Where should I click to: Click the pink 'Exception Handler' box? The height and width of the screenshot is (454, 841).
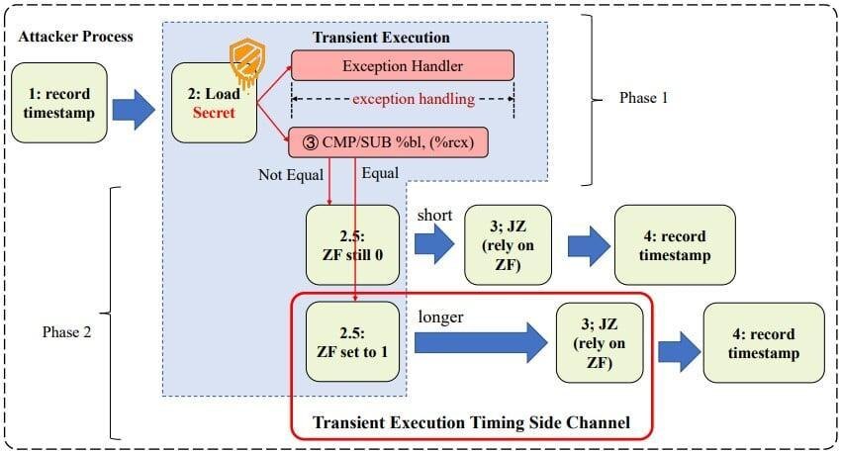[402, 66]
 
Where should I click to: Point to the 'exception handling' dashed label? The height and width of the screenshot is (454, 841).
[402, 98]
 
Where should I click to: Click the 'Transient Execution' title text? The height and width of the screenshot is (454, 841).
[381, 38]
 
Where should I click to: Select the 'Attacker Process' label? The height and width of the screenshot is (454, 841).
[75, 37]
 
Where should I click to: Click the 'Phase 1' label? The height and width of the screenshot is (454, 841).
[644, 99]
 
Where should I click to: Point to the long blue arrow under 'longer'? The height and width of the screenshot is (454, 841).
[480, 344]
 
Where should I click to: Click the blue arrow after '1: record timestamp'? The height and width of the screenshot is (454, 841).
[131, 110]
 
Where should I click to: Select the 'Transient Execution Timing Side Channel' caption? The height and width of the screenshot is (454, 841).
[470, 422]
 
